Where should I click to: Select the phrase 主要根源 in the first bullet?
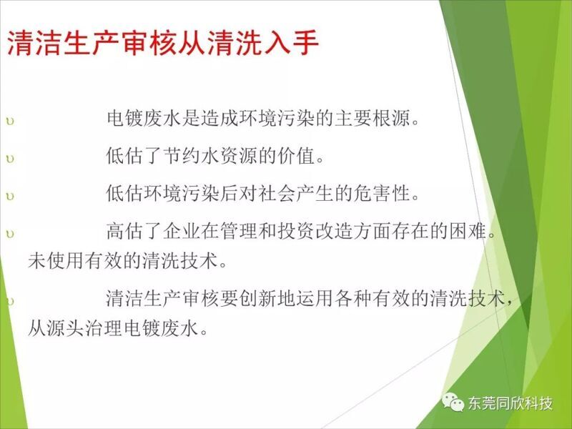pos(373,118)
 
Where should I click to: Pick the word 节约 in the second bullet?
pos(182,155)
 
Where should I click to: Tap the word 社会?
pos(277,193)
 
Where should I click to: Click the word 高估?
pos(125,231)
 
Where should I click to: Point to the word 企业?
pos(182,231)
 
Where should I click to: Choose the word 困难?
pos(468,231)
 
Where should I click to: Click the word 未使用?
pos(56,260)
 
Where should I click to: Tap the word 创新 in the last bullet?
pos(258,298)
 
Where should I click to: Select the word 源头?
pos(66,328)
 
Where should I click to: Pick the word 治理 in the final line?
pos(104,328)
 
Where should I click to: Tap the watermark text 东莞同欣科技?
pos(511,403)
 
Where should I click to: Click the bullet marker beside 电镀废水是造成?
pos(10,121)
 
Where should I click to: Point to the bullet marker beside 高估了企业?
pos(10,234)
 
